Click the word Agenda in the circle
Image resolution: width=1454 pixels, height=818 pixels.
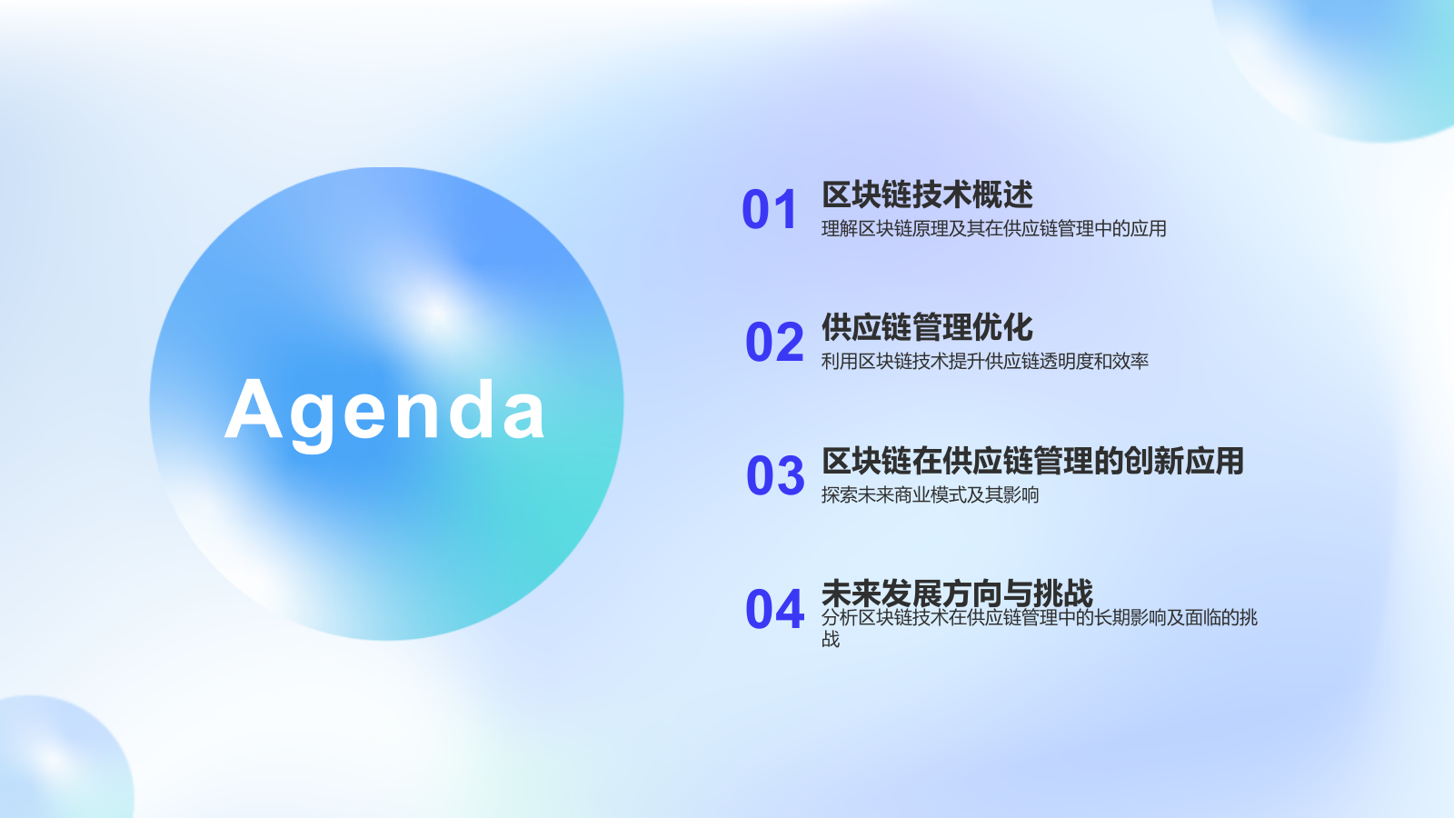coord(385,411)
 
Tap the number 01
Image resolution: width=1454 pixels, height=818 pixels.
coord(770,210)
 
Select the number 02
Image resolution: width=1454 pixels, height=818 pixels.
coord(774,343)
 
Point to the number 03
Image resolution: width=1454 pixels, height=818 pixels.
coord(775,476)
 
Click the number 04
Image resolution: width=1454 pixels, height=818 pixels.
coord(774,610)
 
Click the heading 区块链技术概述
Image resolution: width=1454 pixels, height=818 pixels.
coord(927,195)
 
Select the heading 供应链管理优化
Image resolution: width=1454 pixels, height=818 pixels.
coord(927,327)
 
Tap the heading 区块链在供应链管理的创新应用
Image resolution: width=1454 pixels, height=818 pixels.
coord(1032,461)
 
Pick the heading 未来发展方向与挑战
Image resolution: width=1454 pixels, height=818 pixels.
coord(957,594)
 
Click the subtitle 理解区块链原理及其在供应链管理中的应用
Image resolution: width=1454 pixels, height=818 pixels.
coord(993,229)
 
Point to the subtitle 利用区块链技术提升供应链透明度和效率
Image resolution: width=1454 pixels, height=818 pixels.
coord(984,362)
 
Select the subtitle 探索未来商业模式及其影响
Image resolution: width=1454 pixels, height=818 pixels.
coord(930,495)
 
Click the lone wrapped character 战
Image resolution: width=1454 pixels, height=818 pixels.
coord(831,640)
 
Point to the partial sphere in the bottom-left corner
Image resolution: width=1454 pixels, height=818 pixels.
coord(55,759)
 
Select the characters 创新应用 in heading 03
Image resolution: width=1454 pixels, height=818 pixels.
coord(1183,461)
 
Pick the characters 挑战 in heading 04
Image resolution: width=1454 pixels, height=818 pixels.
coord(1062,594)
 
